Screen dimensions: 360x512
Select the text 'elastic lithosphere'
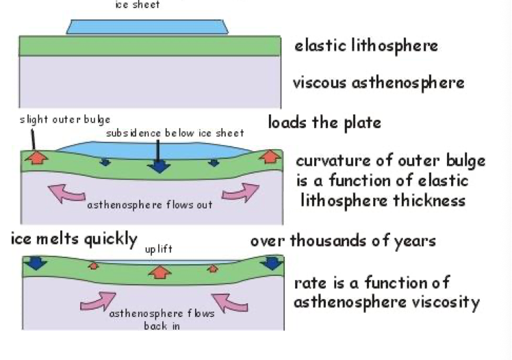point(366,47)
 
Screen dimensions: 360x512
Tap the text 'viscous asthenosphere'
point(379,83)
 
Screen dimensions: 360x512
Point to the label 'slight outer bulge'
point(65,120)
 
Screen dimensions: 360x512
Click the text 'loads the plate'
point(324,123)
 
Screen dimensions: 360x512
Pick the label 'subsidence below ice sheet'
point(175,133)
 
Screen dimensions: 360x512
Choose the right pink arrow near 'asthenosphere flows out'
point(239,193)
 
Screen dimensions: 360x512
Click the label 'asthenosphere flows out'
point(150,205)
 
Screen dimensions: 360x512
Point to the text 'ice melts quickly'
point(74,240)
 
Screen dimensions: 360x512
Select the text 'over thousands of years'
point(343,241)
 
